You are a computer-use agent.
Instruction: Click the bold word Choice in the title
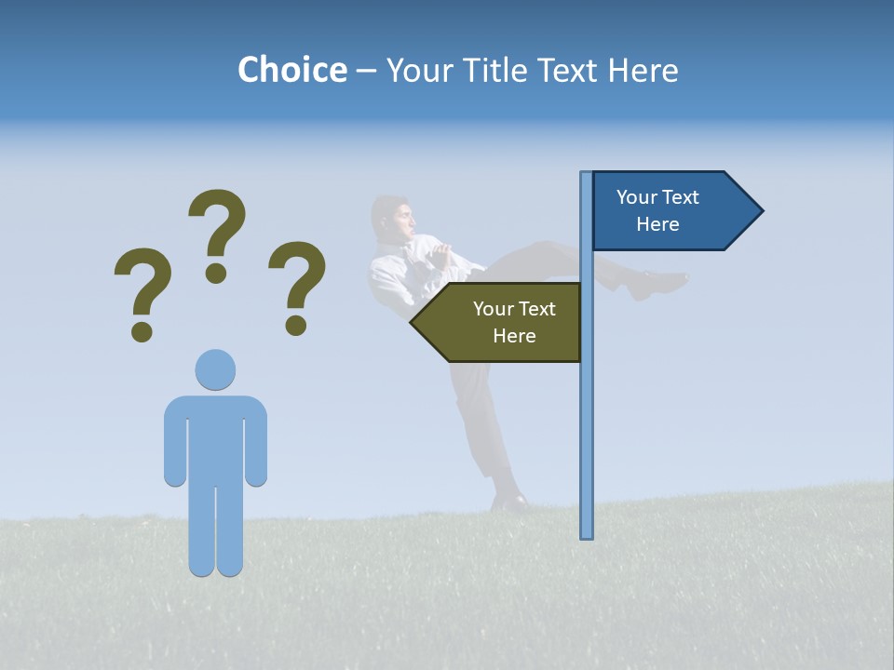pos(291,70)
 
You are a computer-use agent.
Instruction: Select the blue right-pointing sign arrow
pos(670,211)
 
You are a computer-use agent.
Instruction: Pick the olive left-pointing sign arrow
pos(503,322)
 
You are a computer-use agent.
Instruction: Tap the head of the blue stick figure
pos(215,369)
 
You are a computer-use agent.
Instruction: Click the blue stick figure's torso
pos(215,437)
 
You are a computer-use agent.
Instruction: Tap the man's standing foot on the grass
pos(509,502)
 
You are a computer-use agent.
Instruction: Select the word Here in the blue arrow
pos(657,224)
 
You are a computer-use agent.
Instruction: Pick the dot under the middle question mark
pos(216,272)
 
